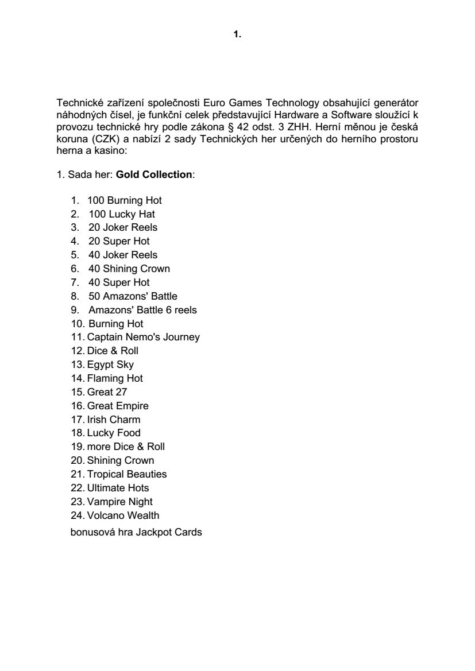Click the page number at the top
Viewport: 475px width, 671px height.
[237, 35]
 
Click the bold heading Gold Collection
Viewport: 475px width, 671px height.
[154, 174]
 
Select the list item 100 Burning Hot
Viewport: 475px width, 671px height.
[125, 200]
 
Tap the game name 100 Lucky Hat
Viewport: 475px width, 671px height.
[122, 214]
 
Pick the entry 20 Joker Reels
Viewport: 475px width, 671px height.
[123, 227]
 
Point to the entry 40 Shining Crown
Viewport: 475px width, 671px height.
[129, 269]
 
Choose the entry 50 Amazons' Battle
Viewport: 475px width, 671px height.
[133, 296]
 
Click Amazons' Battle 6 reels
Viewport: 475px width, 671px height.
[142, 310]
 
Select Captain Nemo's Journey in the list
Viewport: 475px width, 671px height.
[144, 337]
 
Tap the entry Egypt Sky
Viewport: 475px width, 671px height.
[110, 364]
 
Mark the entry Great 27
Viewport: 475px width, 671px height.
[107, 392]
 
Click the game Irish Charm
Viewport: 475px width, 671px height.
[114, 420]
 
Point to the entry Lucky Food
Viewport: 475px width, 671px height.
[114, 433]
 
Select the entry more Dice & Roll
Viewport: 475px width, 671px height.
[126, 447]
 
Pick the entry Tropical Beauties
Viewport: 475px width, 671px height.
[127, 474]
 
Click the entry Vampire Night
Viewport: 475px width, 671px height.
[120, 502]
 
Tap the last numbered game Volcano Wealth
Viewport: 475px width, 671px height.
[123, 515]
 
